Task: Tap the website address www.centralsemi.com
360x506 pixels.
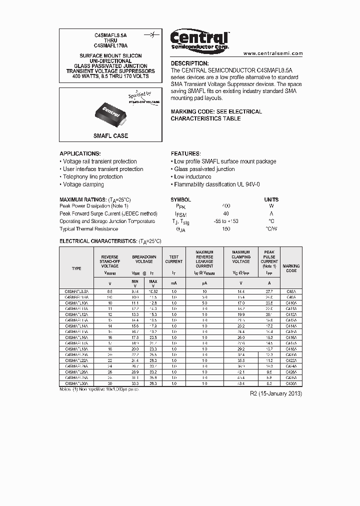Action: coord(273,53)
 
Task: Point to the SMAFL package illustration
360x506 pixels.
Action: coord(110,113)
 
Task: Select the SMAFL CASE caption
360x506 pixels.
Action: coord(110,136)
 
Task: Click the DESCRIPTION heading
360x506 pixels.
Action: coord(190,63)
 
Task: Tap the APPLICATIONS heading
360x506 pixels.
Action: coord(80,153)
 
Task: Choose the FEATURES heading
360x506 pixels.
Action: coord(186,153)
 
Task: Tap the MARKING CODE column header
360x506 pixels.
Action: coord(291,268)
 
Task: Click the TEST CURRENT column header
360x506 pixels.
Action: coord(174,259)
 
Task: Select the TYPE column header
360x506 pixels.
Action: coord(76,268)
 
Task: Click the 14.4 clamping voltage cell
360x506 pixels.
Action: coord(240,290)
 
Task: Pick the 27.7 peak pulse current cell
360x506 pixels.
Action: coord(269,290)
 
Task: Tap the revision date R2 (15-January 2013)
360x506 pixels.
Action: coord(276,393)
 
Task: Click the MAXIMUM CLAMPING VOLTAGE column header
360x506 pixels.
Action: coord(240,257)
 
